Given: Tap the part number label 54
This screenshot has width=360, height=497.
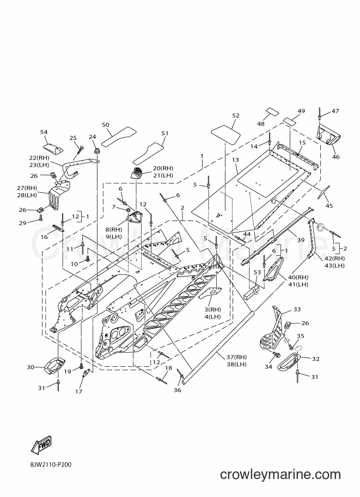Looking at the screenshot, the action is click(44, 132).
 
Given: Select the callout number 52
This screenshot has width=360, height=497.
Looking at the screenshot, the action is click(236, 116).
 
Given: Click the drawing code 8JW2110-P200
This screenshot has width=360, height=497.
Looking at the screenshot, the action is click(49, 464).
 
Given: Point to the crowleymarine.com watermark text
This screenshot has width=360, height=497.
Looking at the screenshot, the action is click(280, 475).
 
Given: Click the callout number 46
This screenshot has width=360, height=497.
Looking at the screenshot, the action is click(335, 157).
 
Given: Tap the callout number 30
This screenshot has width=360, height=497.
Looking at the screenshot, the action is click(30, 367).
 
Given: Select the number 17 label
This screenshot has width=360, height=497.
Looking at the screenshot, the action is click(78, 391).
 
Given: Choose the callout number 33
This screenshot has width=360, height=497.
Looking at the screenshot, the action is click(297, 309).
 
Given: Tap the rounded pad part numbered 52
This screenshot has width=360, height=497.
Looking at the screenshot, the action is click(226, 134).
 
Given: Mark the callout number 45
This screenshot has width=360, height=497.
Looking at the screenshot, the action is click(330, 206).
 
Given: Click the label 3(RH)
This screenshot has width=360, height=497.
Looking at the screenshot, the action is click(213, 310).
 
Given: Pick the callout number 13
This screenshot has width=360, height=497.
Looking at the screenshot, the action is click(235, 160).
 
